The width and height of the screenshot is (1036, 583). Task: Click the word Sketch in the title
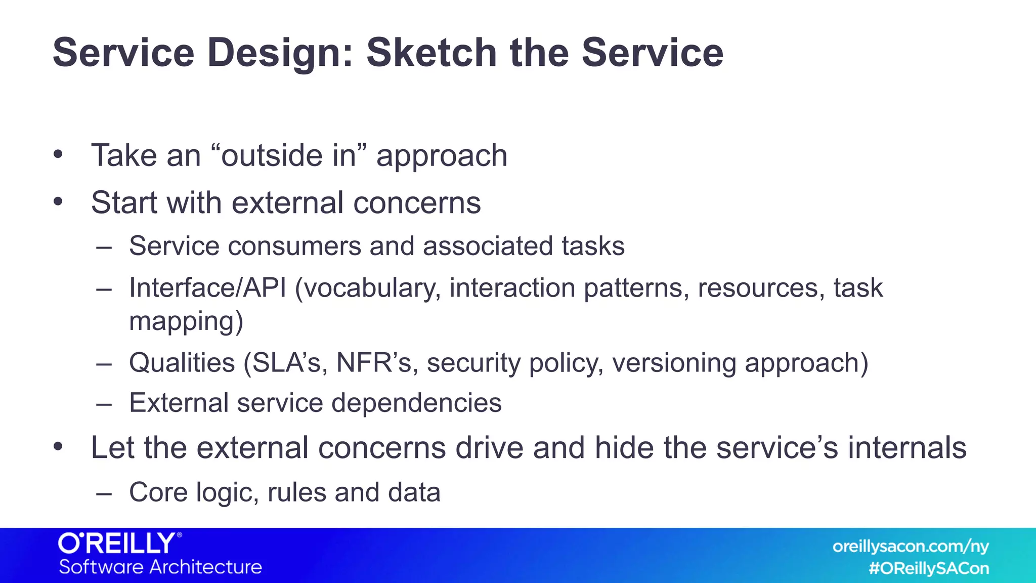(x=431, y=53)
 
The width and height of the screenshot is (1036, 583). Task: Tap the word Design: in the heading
(x=280, y=53)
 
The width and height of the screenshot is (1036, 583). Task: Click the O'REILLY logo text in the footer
(x=119, y=544)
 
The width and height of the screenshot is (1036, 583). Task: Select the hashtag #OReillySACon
(x=929, y=568)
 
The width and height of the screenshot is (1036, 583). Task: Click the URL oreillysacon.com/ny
(x=911, y=547)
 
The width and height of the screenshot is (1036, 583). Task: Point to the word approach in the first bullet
(x=442, y=156)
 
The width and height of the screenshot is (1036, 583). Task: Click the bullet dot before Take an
(x=58, y=154)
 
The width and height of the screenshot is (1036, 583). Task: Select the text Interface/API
(x=207, y=288)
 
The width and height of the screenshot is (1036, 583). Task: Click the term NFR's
(x=377, y=363)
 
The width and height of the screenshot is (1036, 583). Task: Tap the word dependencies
(x=416, y=403)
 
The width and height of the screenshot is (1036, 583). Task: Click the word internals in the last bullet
(x=907, y=448)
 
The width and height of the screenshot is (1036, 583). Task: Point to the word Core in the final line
(x=158, y=492)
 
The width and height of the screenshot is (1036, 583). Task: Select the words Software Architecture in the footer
(x=160, y=567)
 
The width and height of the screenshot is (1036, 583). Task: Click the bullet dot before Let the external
(x=58, y=447)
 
